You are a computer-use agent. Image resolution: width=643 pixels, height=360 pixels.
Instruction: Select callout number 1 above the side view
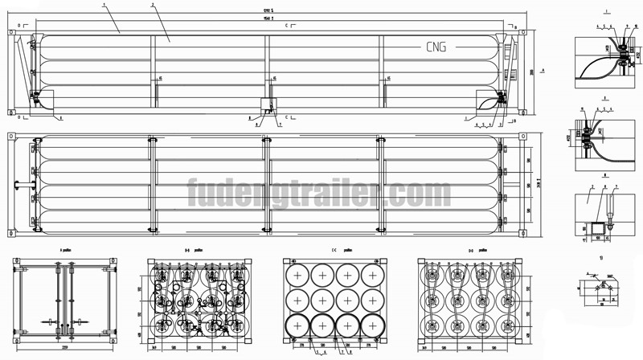(104, 5)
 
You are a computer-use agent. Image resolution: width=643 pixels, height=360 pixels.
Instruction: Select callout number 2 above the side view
(151, 5)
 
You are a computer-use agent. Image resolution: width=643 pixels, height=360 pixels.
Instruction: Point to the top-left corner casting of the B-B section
(153, 263)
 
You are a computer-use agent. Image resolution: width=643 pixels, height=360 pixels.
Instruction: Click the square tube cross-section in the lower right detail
(596, 231)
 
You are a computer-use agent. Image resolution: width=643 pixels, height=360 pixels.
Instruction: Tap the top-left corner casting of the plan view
(10, 136)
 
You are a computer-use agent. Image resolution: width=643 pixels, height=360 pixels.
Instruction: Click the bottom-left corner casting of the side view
(10, 111)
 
